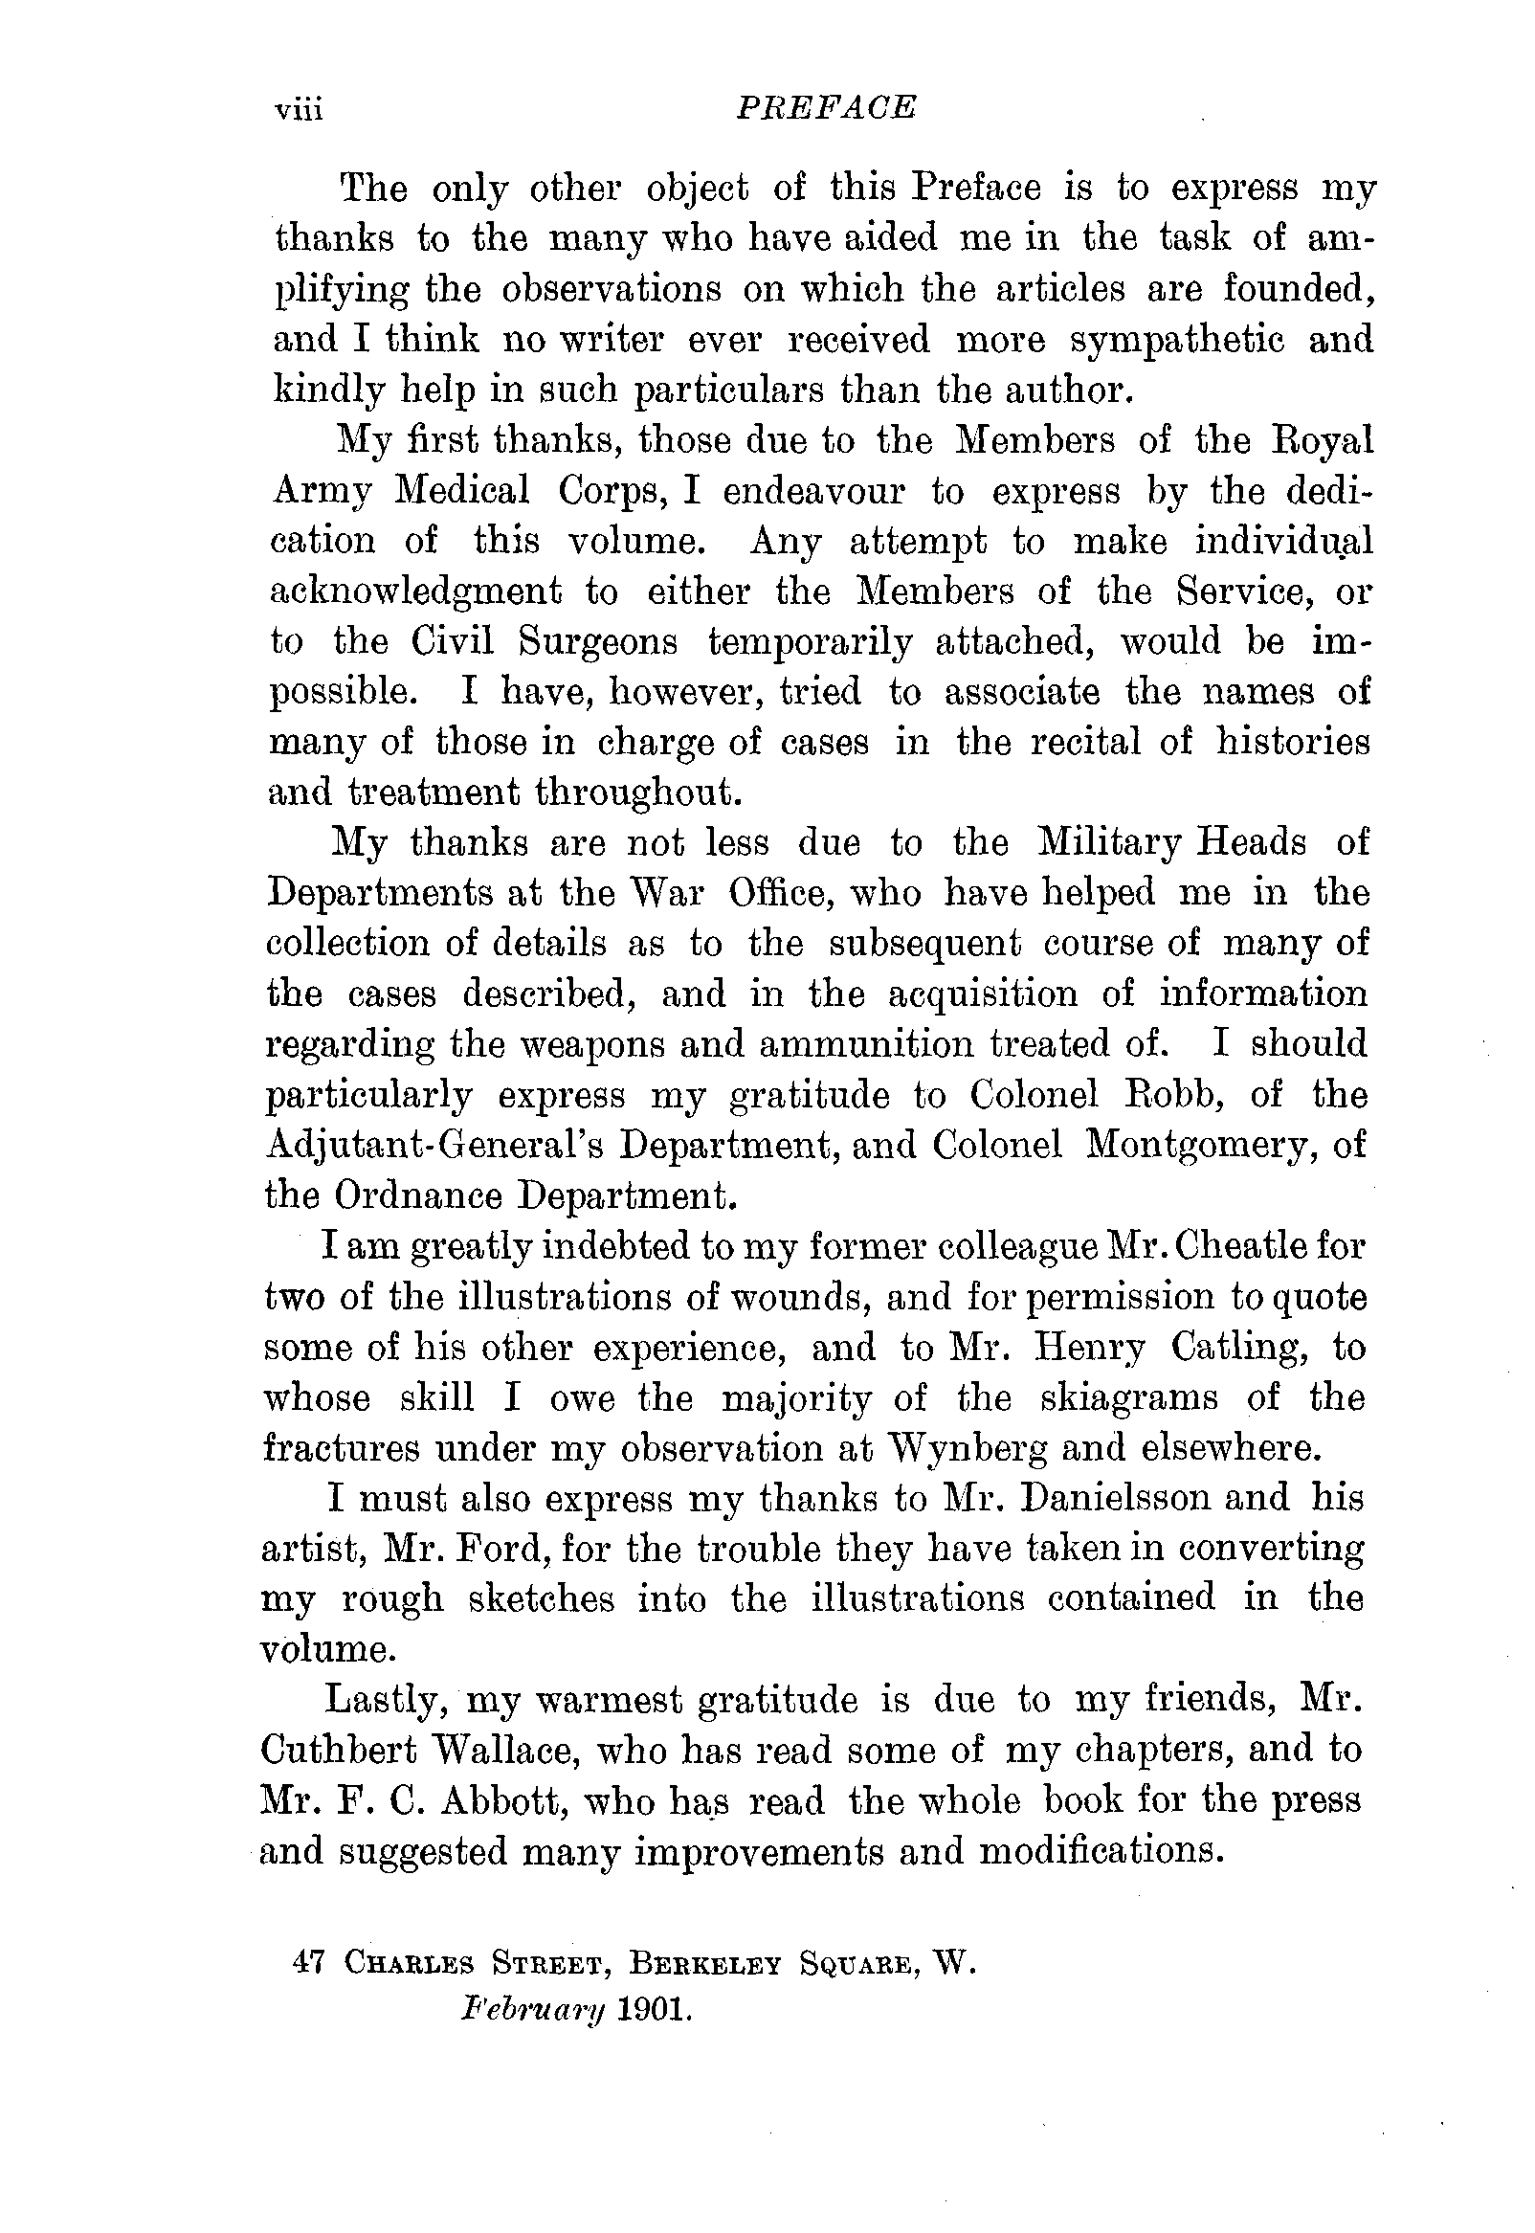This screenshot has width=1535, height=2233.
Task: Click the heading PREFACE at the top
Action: [x=825, y=108]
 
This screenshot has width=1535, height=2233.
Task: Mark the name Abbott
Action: [x=501, y=1798]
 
